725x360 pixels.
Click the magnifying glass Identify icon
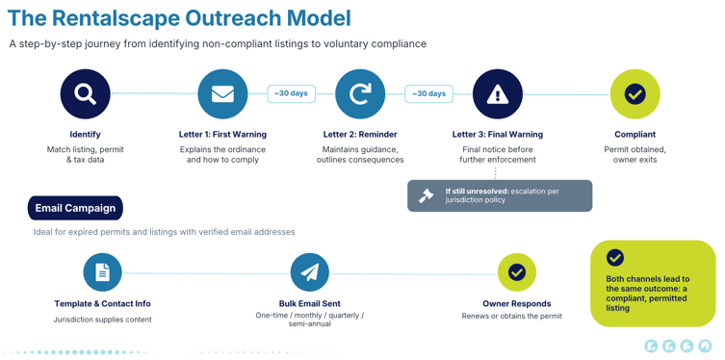pyautogui.click(x=86, y=93)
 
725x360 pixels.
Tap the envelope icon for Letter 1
pyautogui.click(x=222, y=94)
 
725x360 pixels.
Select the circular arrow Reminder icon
pyautogui.click(x=360, y=94)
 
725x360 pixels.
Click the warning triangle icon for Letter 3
pyautogui.click(x=498, y=94)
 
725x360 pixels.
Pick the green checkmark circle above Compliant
pyautogui.click(x=634, y=94)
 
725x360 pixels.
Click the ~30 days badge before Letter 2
pyautogui.click(x=292, y=93)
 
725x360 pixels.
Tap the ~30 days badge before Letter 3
pyautogui.click(x=428, y=93)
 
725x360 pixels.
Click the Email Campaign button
pyautogui.click(x=75, y=208)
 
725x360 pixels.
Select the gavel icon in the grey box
pyautogui.click(x=426, y=196)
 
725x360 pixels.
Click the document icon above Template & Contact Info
pyautogui.click(x=103, y=272)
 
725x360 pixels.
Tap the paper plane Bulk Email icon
pyautogui.click(x=310, y=272)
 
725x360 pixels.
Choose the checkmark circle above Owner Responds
pyautogui.click(x=516, y=272)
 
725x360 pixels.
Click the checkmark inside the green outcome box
pyautogui.click(x=615, y=258)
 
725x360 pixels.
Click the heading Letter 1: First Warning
pyautogui.click(x=222, y=135)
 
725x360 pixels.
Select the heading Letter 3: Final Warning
pyautogui.click(x=498, y=135)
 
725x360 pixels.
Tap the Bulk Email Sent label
pyautogui.click(x=310, y=303)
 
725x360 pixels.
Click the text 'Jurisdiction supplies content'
pyautogui.click(x=103, y=320)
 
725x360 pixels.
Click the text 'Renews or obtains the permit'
pyautogui.click(x=512, y=316)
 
